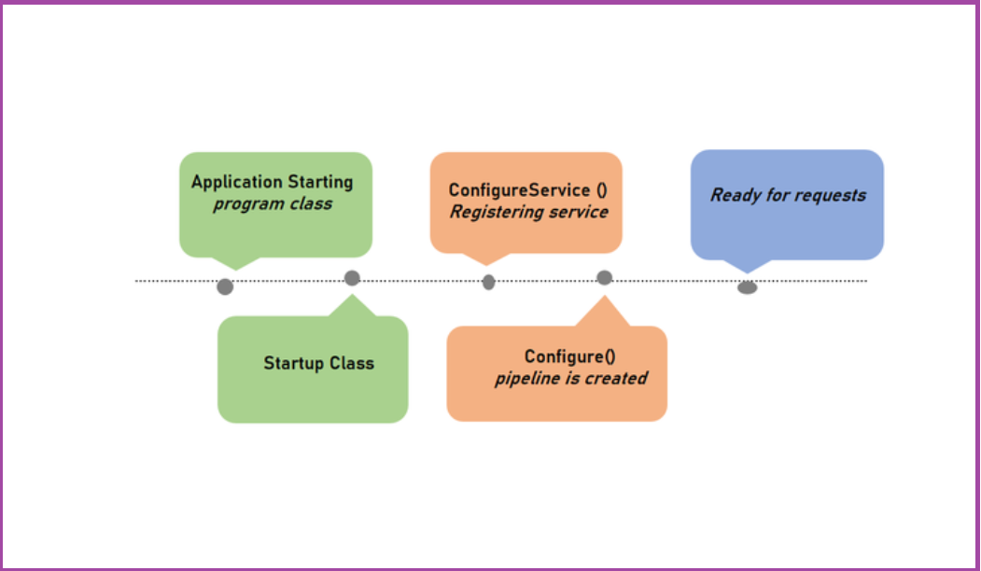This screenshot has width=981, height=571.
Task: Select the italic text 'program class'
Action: click(273, 204)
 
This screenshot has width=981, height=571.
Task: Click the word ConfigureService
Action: click(519, 190)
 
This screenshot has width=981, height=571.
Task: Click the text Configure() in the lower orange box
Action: click(570, 356)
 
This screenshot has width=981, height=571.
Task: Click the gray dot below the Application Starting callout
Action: click(225, 287)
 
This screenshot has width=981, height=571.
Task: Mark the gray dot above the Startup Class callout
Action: click(352, 278)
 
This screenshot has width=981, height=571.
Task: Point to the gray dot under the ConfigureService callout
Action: click(488, 282)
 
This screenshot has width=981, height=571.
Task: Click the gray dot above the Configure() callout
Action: click(604, 277)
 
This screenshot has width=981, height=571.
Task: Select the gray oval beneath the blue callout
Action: click(748, 287)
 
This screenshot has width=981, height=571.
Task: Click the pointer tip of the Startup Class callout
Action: click(352, 294)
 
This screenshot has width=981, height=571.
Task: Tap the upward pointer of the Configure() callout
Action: click(604, 296)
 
